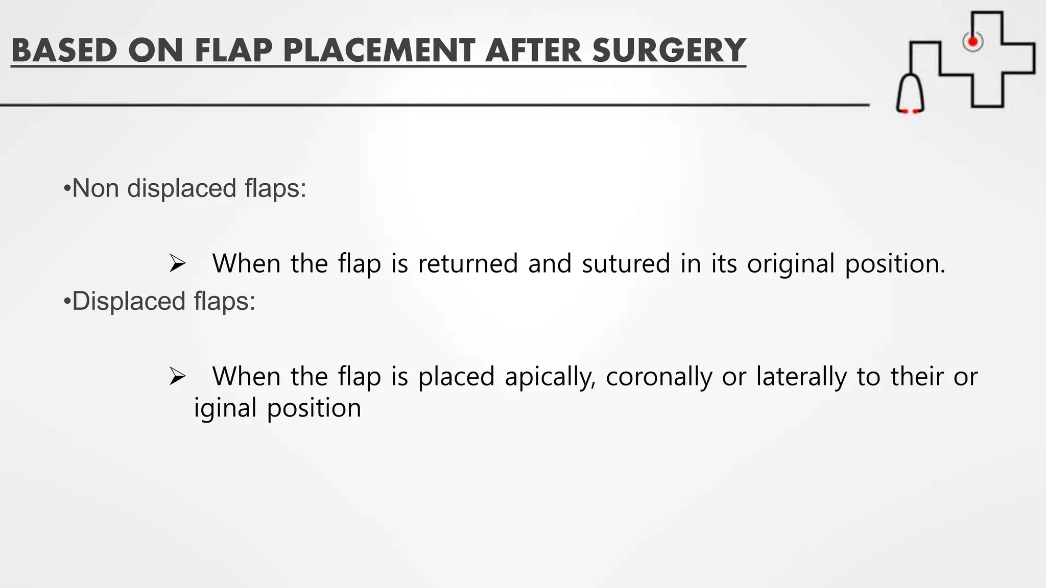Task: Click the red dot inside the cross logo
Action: click(x=973, y=41)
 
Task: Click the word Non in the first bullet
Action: click(x=97, y=188)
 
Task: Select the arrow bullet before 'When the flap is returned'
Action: click(x=177, y=264)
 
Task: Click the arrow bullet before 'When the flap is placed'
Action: click(x=177, y=377)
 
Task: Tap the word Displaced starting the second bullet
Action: click(x=128, y=301)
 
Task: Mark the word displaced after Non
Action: click(x=181, y=188)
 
